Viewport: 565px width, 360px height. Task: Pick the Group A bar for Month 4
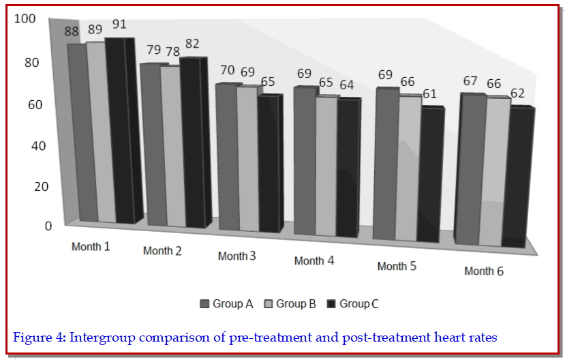click(305, 161)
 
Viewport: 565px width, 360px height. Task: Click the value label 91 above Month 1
click(119, 24)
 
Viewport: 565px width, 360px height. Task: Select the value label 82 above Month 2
click(192, 44)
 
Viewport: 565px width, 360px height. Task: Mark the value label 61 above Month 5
click(429, 93)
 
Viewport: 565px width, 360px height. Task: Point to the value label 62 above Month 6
click(517, 93)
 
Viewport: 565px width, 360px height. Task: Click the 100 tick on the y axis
click(25, 19)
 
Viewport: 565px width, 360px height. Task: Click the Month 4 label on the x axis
click(314, 261)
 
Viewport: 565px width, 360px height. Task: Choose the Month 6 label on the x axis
click(484, 271)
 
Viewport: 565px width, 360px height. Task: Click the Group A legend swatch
click(204, 303)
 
